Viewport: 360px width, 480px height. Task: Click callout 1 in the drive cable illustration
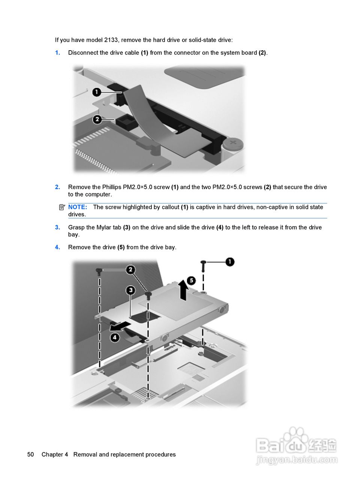[x=97, y=92]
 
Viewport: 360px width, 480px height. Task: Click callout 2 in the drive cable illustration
[x=97, y=119]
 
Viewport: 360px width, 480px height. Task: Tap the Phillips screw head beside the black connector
[x=233, y=144]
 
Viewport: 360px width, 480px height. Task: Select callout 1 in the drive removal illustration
[x=230, y=262]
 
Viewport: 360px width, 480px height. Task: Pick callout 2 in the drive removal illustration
[x=130, y=270]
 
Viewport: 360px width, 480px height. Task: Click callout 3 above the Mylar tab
[x=131, y=290]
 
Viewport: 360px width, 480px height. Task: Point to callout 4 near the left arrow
[x=115, y=337]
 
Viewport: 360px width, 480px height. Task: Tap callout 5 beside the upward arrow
[x=191, y=280]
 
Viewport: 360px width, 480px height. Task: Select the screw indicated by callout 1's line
[x=203, y=266]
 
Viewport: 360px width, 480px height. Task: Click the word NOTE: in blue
[x=78, y=207]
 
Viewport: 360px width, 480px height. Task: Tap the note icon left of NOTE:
[x=62, y=207]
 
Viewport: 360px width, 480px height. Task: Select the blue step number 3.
[x=57, y=227]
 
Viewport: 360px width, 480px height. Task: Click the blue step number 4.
[x=57, y=247]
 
